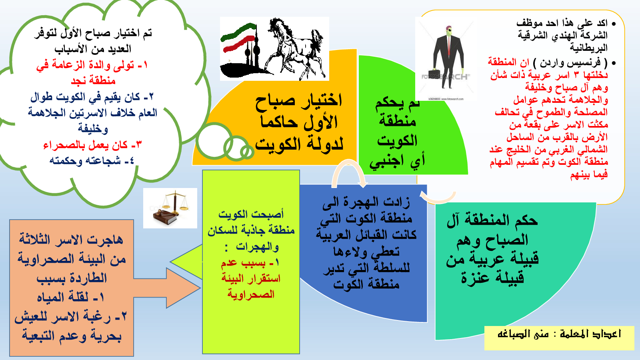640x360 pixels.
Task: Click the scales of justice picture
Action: pyautogui.click(x=170, y=208)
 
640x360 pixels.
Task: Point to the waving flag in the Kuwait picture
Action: pyautogui.click(x=239, y=38)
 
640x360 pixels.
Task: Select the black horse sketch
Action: pyautogui.click(x=296, y=48)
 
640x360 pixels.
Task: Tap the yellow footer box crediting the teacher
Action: pyautogui.click(x=559, y=338)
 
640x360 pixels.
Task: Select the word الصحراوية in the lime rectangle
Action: pyautogui.click(x=251, y=294)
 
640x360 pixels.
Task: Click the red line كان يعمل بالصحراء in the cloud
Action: pyautogui.click(x=92, y=145)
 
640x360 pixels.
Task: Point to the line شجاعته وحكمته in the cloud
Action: pyautogui.click(x=92, y=160)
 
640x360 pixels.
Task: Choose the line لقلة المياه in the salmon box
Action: pyautogui.click(x=70, y=297)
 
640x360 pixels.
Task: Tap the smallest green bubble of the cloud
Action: pyautogui.click(x=247, y=152)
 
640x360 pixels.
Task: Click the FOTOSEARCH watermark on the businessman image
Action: pyautogui.click(x=445, y=77)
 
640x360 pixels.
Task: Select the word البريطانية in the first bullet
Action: pyautogui.click(x=588, y=48)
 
